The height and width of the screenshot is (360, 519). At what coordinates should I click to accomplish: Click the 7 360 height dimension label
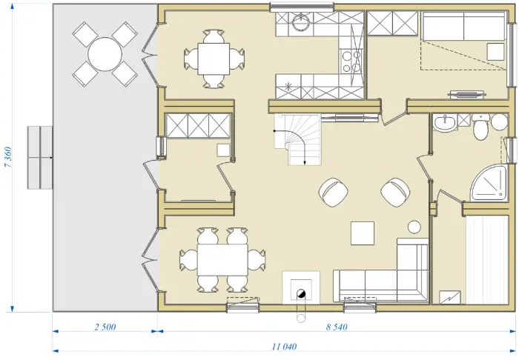8,157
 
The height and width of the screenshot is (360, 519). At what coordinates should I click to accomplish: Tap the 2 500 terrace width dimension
105,327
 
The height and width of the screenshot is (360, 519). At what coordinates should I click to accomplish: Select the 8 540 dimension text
337,327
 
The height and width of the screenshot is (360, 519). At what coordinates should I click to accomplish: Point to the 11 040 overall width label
284,347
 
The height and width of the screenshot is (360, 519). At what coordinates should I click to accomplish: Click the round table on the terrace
105,54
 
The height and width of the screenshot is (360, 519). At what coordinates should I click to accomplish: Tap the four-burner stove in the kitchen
351,61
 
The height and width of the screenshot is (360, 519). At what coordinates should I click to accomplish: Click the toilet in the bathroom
480,127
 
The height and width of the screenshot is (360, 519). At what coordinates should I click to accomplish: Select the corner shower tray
489,182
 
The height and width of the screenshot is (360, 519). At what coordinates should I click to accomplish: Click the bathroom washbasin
445,122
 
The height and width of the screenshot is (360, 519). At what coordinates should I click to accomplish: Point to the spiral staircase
297,139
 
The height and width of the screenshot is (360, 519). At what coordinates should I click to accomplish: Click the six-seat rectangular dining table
222,260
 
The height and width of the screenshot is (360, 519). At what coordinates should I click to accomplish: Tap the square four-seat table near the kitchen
214,59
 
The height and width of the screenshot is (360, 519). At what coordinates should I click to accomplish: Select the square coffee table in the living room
363,233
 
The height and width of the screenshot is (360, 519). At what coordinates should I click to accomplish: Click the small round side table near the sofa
414,227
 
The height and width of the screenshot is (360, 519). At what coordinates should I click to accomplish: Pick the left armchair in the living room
334,193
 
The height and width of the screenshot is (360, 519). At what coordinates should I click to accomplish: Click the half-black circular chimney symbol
301,293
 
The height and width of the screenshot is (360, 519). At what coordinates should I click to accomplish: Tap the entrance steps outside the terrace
40,157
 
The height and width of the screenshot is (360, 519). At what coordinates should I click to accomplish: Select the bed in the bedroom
463,40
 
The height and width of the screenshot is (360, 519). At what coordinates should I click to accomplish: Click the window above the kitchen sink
302,7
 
